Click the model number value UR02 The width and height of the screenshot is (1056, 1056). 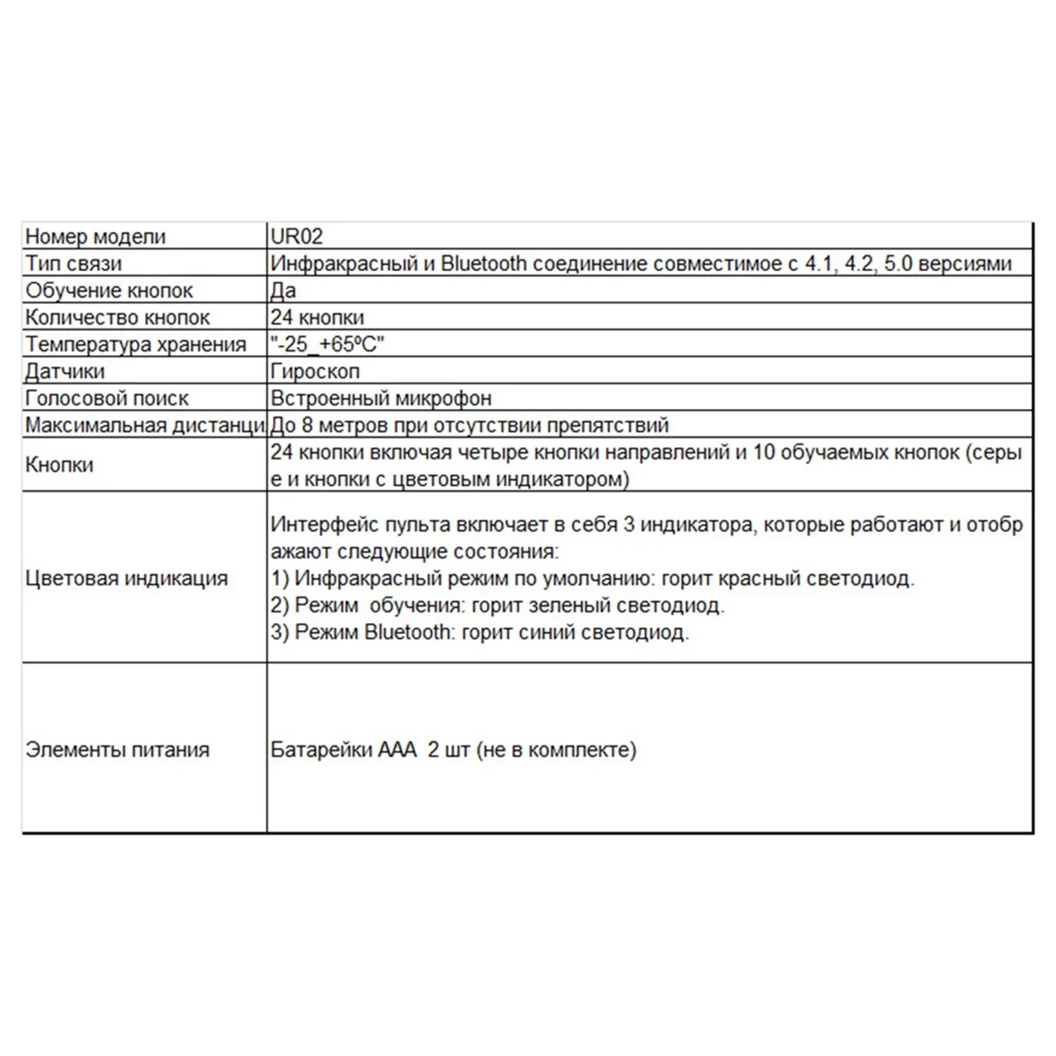point(297,237)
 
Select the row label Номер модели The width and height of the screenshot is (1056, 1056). point(95,237)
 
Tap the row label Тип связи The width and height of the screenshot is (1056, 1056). point(74,263)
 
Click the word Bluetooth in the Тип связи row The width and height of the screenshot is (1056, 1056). point(483,263)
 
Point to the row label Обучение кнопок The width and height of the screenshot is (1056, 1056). point(109,290)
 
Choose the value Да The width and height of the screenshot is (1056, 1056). point(283,290)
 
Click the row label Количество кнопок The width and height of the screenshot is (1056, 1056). point(118,318)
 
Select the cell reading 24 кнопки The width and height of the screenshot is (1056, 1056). point(317,318)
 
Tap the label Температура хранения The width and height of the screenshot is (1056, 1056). point(136,345)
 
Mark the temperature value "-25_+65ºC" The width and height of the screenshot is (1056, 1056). point(327,345)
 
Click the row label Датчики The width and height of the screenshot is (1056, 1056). point(65,371)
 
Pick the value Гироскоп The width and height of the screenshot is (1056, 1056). point(315,371)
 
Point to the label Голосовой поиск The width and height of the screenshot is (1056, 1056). point(106,399)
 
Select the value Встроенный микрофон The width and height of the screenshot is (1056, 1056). point(381,399)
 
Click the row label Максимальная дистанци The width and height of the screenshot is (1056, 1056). point(144,426)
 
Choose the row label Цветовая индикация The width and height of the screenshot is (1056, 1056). point(127,578)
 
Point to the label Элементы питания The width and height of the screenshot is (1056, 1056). point(118,750)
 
